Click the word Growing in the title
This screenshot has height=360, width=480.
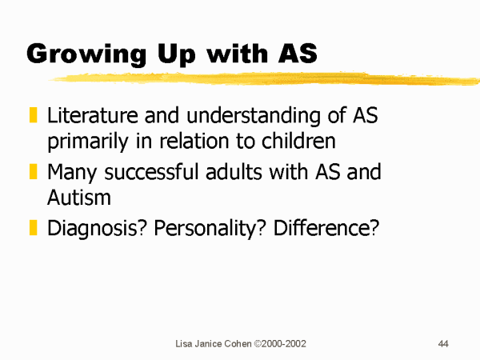pyautogui.click(x=86, y=54)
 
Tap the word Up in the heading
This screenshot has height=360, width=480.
pyautogui.click(x=176, y=54)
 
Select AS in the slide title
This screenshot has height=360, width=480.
pyautogui.click(x=298, y=54)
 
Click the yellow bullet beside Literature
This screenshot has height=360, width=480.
pyautogui.click(x=33, y=114)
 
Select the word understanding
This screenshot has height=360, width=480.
pyautogui.click(x=254, y=117)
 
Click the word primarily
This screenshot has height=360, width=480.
pyautogui.click(x=88, y=142)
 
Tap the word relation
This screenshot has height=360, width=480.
pyautogui.click(x=194, y=141)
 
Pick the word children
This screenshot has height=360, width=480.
pyautogui.click(x=298, y=141)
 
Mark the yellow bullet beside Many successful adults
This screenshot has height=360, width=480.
pyautogui.click(x=33, y=171)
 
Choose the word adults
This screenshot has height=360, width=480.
pyautogui.click(x=234, y=171)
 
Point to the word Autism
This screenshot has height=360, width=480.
pyautogui.click(x=79, y=197)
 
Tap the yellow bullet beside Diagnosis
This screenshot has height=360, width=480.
pyautogui.click(x=33, y=227)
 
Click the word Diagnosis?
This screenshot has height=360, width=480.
pyautogui.click(x=98, y=229)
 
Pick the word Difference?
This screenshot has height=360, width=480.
pyautogui.click(x=326, y=228)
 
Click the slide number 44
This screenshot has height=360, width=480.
pyautogui.click(x=443, y=344)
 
